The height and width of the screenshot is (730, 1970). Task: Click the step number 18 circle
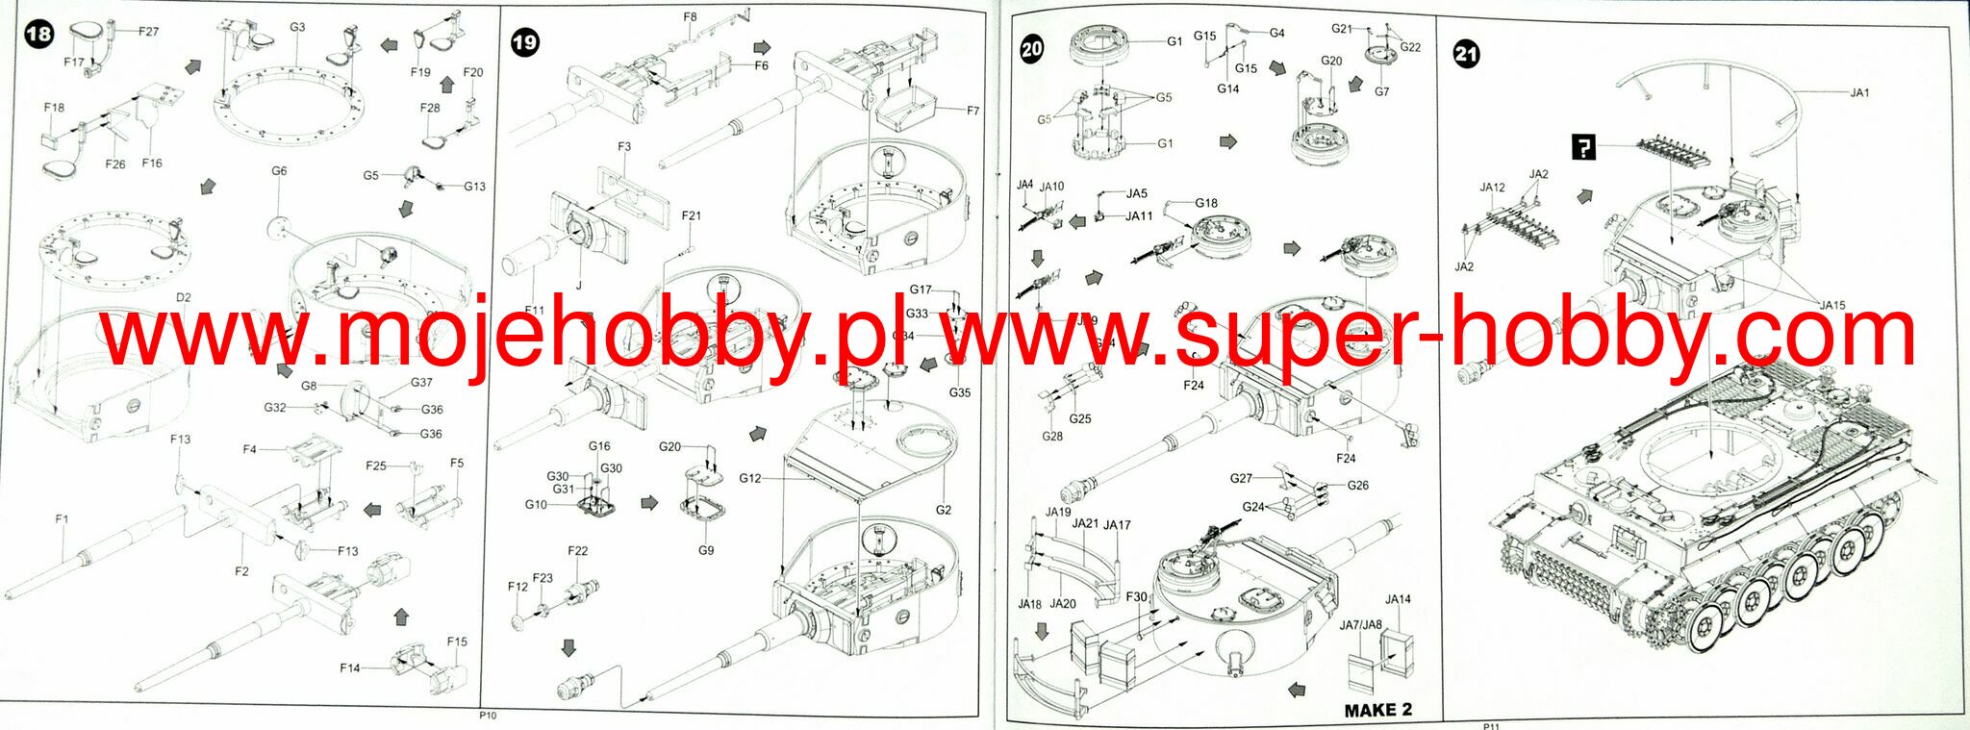pos(38,36)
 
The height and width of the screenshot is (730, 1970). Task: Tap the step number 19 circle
pos(525,43)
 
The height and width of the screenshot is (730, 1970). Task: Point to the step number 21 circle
pos(1466,55)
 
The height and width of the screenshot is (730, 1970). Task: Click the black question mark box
pos(1582,148)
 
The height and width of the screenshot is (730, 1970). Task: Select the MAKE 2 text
pos(1377,710)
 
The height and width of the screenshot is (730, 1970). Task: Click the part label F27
pos(148,32)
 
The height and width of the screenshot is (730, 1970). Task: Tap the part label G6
pos(279,171)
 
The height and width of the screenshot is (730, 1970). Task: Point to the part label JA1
pos(1859,93)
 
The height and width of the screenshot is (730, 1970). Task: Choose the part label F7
pos(972,112)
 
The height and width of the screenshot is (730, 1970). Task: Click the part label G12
pos(750,479)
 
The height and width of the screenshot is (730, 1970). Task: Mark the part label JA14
pos(1398,599)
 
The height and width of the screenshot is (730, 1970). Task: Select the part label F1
pos(62,519)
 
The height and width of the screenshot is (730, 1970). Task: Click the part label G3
pos(297,27)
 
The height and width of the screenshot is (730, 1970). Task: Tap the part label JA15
pos(1832,306)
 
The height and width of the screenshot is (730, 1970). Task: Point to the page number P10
pos(488,716)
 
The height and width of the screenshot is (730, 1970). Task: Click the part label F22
pos(577,551)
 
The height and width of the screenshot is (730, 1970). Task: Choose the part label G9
pos(706,551)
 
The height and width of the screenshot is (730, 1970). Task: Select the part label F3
pos(624,147)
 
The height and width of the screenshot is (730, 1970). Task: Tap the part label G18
pos(1206,203)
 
